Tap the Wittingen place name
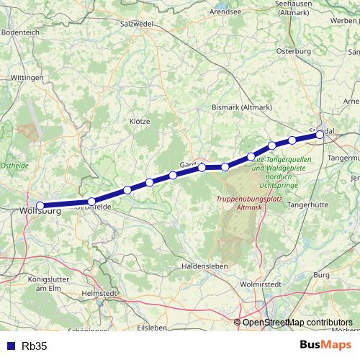click(x=28, y=76)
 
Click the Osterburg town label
click(x=294, y=51)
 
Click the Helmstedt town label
click(x=99, y=294)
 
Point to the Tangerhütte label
click(x=308, y=205)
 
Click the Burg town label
click(x=321, y=275)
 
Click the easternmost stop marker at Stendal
click(x=320, y=134)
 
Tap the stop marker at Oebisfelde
click(x=91, y=202)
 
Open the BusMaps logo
click(x=325, y=345)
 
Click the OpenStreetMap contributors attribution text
click(x=298, y=322)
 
